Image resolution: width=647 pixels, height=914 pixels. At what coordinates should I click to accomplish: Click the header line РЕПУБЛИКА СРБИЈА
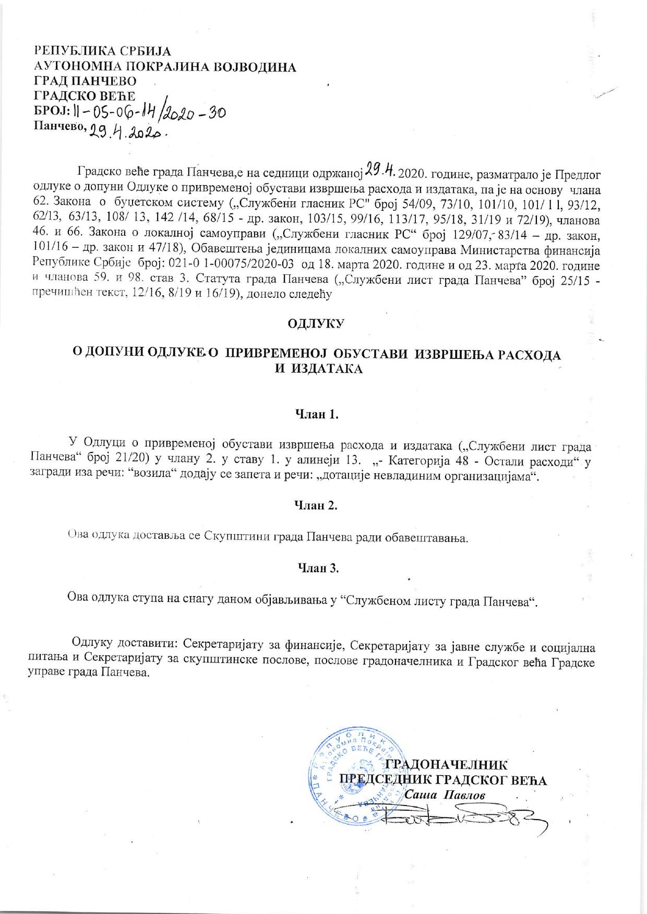102,52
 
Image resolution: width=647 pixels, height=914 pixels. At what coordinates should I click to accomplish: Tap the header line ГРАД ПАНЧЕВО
85,81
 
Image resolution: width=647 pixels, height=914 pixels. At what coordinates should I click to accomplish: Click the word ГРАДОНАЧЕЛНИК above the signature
445,765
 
